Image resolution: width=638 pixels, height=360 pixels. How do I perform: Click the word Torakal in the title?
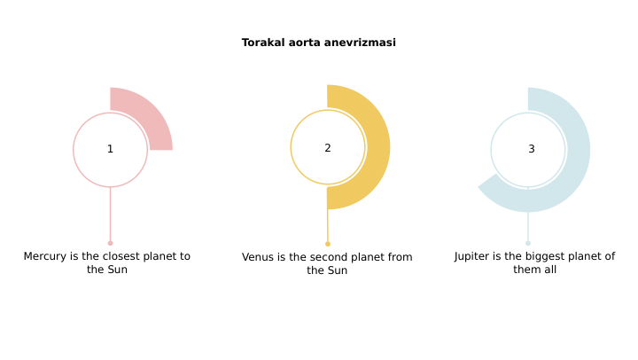tap(261, 43)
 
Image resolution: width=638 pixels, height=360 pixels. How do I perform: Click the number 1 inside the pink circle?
tap(110, 149)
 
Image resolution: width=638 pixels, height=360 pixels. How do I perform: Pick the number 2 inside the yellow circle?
tap(327, 148)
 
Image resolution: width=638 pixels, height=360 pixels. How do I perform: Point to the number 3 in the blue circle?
tap(531, 149)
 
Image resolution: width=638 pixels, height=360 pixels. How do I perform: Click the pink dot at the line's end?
tap(110, 243)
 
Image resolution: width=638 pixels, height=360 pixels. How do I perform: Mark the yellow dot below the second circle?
tap(327, 244)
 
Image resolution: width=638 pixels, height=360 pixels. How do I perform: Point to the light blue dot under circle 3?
tap(527, 243)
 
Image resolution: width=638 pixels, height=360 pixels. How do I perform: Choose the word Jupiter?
tap(476, 256)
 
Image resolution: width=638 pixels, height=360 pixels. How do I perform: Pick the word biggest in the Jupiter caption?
tap(554, 256)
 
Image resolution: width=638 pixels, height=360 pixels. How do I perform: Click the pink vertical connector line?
tap(110, 213)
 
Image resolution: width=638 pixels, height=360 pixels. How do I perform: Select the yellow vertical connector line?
tap(327, 223)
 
